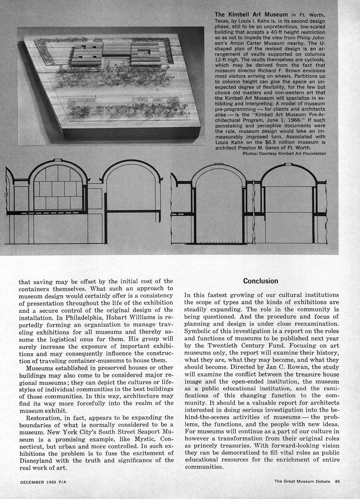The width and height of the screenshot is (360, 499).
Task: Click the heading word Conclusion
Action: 261,281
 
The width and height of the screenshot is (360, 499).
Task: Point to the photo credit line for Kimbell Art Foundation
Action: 284,154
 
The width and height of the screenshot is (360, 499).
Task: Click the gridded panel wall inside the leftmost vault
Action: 58,188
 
